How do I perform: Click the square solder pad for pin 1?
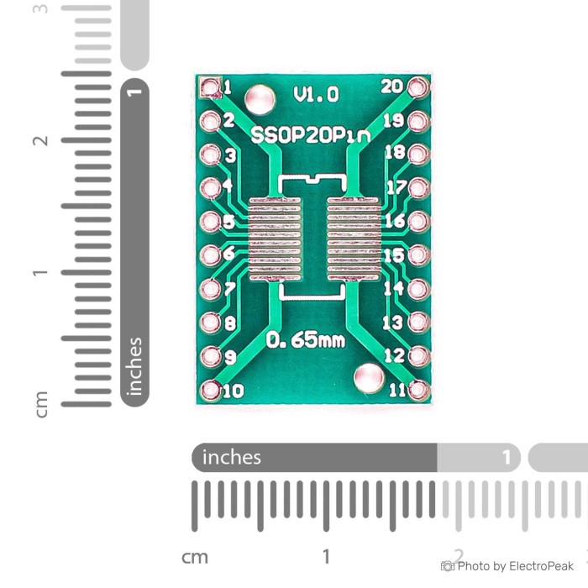(210, 87)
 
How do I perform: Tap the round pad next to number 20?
(417, 87)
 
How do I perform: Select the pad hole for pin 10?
(210, 390)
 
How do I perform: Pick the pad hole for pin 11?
(418, 390)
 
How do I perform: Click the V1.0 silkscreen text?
(316, 94)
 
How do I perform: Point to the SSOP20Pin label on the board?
(311, 135)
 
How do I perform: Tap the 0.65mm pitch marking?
(306, 340)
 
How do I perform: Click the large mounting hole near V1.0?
(260, 99)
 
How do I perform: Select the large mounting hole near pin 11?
(369, 378)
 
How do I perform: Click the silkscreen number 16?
(395, 221)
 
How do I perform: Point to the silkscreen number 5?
(229, 221)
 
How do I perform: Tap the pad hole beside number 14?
(418, 289)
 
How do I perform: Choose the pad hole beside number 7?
(210, 289)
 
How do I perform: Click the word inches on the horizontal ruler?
(231, 458)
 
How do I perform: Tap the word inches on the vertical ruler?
(135, 366)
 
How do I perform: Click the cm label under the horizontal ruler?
(195, 557)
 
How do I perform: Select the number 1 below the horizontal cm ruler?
(326, 556)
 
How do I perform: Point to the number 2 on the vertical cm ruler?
(40, 140)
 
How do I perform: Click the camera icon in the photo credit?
(448, 566)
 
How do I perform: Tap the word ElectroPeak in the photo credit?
(541, 566)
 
